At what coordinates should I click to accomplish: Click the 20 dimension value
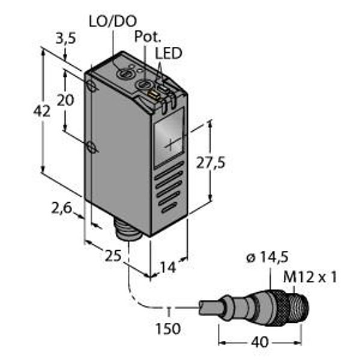pyautogui.click(x=65, y=100)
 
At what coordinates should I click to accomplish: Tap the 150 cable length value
pyautogui.click(x=170, y=329)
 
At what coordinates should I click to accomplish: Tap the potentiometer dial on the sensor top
pyautogui.click(x=144, y=86)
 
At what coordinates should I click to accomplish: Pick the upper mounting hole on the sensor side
pyautogui.click(x=91, y=87)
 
